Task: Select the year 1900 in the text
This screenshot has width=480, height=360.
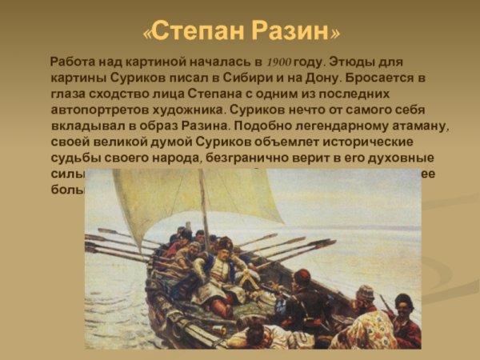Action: [x=280, y=62]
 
